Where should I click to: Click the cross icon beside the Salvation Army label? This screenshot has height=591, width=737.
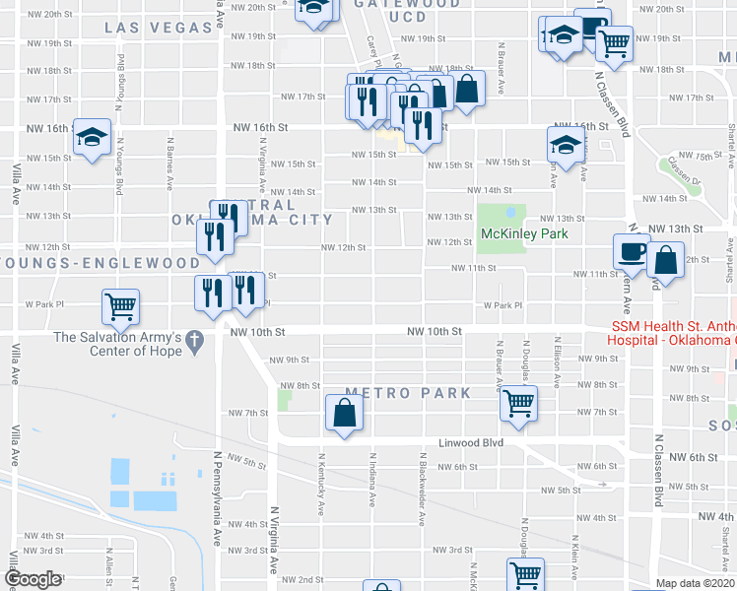point(196,343)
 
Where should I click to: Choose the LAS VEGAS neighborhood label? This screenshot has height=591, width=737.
point(158,28)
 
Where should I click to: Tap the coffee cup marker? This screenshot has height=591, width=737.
point(631,251)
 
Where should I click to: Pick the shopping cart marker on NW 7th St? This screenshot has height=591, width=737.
point(518,402)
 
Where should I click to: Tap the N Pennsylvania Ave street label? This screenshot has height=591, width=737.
point(217,498)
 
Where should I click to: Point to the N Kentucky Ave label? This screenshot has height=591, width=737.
point(322,484)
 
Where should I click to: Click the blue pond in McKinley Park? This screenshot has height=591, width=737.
point(510,211)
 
